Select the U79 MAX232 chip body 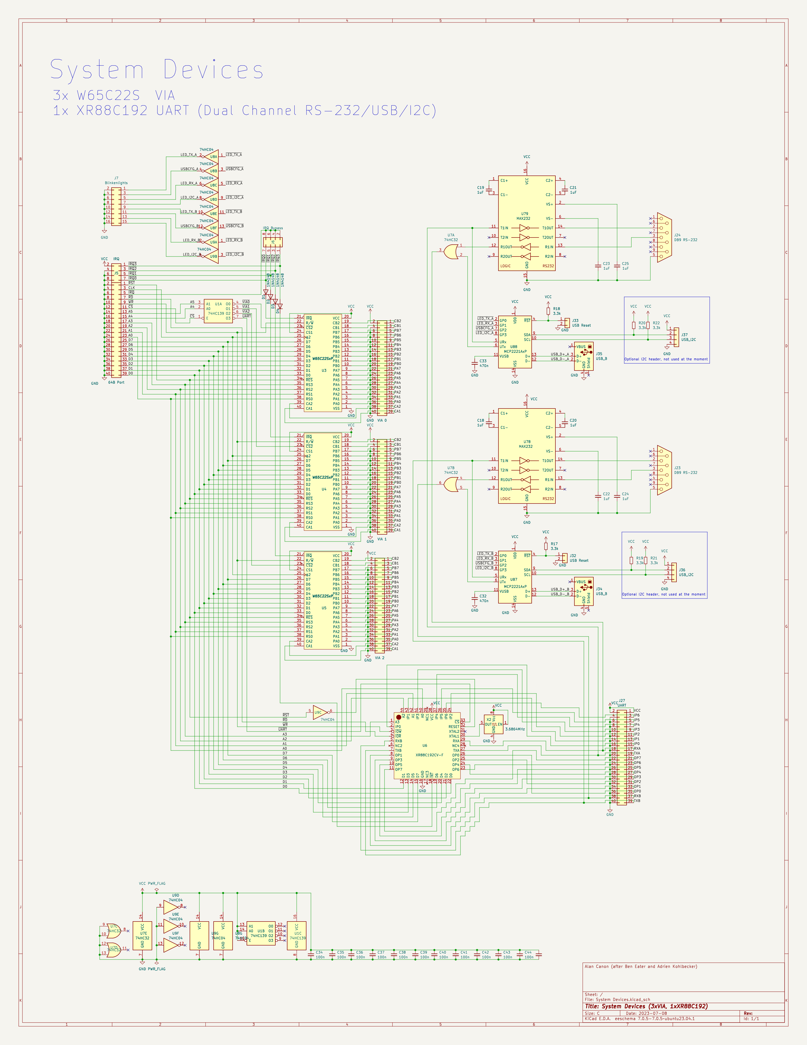pyautogui.click(x=526, y=223)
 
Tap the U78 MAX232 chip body pyautogui.click(x=526, y=455)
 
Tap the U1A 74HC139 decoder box pyautogui.click(x=218, y=311)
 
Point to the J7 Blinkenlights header pyautogui.click(x=116, y=206)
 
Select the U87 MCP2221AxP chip pyautogui.click(x=515, y=577)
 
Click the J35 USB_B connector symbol pyautogui.click(x=584, y=357)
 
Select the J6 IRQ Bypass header pyautogui.click(x=273, y=242)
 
